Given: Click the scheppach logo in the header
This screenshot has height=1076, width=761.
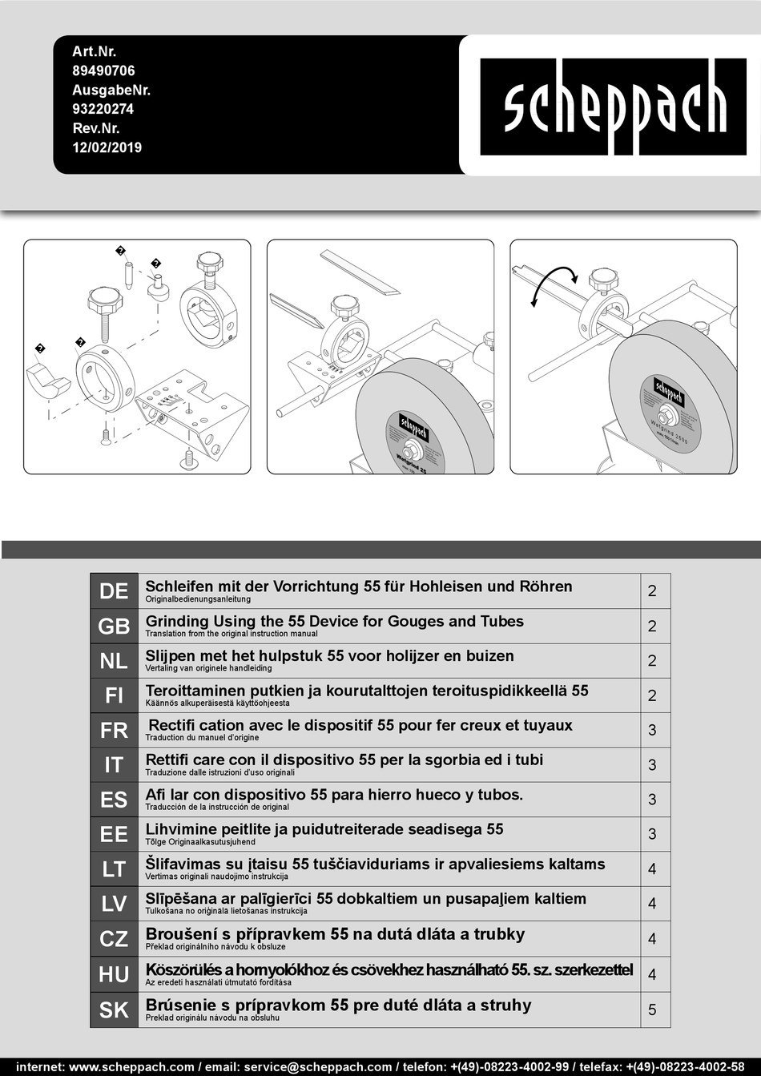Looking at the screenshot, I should [x=614, y=107].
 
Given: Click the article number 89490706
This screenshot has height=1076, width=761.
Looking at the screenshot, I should [x=103, y=71].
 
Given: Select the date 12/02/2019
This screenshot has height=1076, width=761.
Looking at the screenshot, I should [x=107, y=147].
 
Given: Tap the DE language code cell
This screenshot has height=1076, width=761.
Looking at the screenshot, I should [x=114, y=591].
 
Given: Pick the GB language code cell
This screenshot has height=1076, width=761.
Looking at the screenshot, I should [x=114, y=627].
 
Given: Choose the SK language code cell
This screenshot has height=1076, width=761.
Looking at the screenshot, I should [x=114, y=1010].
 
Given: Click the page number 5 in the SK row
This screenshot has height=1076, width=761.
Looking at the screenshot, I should [x=652, y=1010].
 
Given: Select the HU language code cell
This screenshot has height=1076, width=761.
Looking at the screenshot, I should [x=114, y=975].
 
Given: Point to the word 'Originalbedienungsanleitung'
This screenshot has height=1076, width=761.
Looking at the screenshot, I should [x=198, y=599].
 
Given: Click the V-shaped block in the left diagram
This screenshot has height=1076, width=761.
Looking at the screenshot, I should [x=47, y=380].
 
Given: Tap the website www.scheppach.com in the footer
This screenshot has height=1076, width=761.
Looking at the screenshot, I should [x=131, y=1067].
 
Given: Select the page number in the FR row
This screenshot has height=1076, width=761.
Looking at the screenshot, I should [x=652, y=731].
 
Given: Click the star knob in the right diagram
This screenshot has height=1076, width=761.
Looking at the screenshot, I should [x=603, y=280].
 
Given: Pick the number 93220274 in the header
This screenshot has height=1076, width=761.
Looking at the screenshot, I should [x=103, y=109].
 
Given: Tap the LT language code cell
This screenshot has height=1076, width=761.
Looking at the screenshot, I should [x=114, y=869].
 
